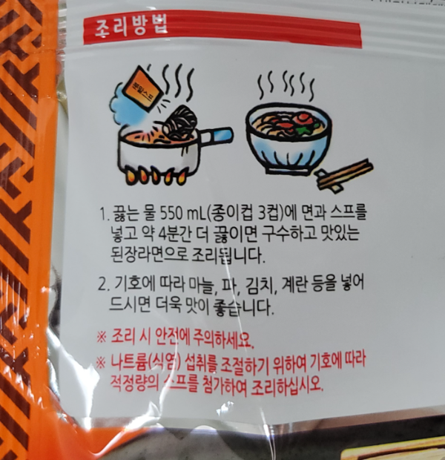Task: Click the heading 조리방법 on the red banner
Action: point(128,29)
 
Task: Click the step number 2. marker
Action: point(103,285)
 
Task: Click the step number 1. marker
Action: point(103,215)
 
